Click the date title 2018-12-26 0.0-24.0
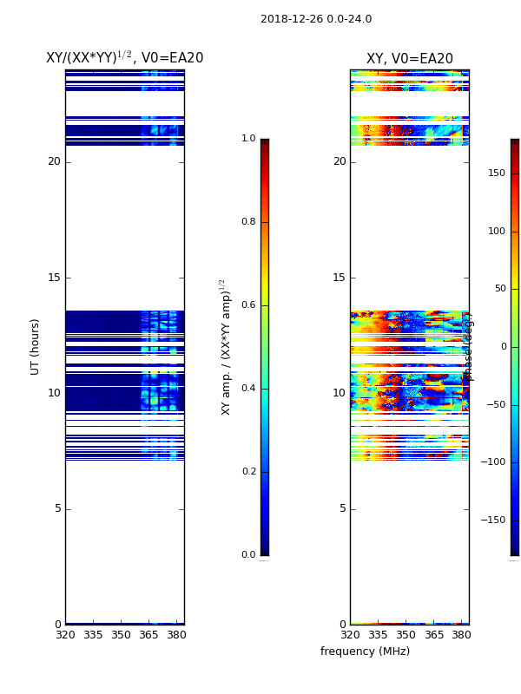(x=316, y=19)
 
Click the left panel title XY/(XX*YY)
(x=124, y=58)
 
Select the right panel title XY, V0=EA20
(x=410, y=59)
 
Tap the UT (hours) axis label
(x=36, y=346)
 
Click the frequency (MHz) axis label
(x=365, y=651)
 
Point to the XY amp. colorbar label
(x=225, y=347)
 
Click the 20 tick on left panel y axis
(x=54, y=161)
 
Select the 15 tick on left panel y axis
(x=54, y=278)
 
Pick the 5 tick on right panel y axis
(x=342, y=508)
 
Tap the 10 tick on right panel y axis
(x=340, y=393)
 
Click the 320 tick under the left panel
(x=65, y=635)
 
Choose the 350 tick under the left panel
(x=121, y=635)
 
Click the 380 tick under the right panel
(x=461, y=635)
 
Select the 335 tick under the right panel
(x=378, y=635)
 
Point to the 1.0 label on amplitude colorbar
(x=248, y=139)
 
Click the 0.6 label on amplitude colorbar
(x=248, y=305)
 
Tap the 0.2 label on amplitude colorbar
(x=248, y=472)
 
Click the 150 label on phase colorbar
(x=497, y=173)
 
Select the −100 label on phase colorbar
(x=493, y=462)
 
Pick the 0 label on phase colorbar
(x=503, y=347)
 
